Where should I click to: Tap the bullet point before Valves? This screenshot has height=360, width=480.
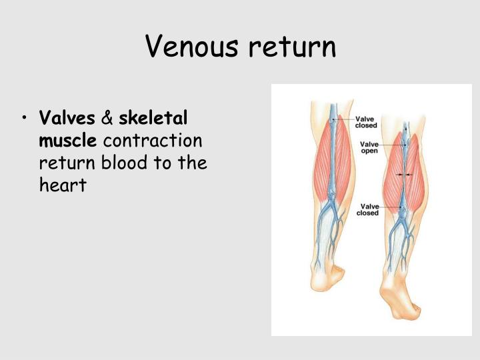(x=25, y=119)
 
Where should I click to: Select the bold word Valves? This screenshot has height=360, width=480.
(x=67, y=119)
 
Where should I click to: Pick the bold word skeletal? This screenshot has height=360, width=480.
(x=153, y=119)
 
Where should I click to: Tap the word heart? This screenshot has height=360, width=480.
(x=63, y=185)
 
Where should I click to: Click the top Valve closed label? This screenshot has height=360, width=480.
(x=366, y=121)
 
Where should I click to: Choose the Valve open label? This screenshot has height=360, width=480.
(x=369, y=147)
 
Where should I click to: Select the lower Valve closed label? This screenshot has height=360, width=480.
(x=369, y=209)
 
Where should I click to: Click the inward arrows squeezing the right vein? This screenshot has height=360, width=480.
(x=404, y=175)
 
